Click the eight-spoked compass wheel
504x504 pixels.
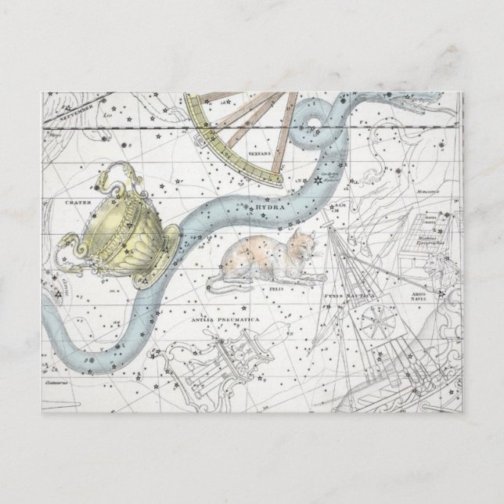pyautogui.click(x=367, y=323)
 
